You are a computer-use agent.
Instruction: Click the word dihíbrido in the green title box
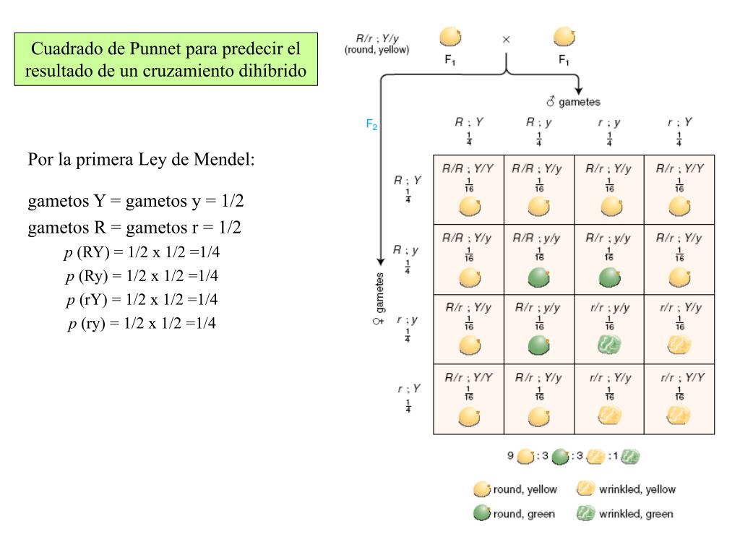pyautogui.click(x=272, y=71)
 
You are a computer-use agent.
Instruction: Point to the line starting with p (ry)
pyautogui.click(x=142, y=323)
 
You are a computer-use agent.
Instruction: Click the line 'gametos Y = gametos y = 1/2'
pyautogui.click(x=136, y=201)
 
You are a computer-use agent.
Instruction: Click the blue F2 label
pyautogui.click(x=372, y=124)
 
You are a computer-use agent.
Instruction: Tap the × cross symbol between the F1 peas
pyautogui.click(x=506, y=40)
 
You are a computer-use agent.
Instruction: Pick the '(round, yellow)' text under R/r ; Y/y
pyautogui.click(x=377, y=50)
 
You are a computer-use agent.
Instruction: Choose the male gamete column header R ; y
pyautogui.click(x=539, y=122)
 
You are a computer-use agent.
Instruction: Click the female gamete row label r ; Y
pyautogui.click(x=408, y=389)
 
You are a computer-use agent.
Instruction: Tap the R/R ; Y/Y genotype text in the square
pyautogui.click(x=468, y=168)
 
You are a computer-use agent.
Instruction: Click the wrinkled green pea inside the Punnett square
pyautogui.click(x=609, y=345)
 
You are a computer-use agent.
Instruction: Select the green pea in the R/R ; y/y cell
pyautogui.click(x=539, y=276)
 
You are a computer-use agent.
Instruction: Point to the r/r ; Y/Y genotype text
pyautogui.click(x=679, y=377)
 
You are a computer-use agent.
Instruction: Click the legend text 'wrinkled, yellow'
pyautogui.click(x=637, y=489)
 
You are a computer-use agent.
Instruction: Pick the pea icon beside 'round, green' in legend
pyautogui.click(x=482, y=514)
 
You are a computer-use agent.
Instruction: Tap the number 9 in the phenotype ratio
pyautogui.click(x=510, y=456)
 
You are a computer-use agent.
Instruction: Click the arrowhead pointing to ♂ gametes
pyautogui.click(x=578, y=89)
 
